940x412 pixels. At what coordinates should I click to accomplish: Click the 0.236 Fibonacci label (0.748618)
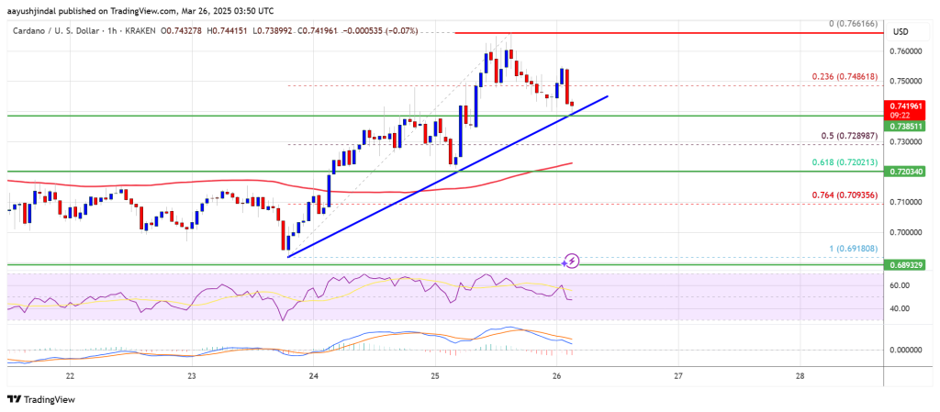[x=839, y=77]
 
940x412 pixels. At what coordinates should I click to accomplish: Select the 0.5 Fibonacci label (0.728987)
[x=844, y=136]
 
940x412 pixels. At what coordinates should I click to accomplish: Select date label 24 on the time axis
[x=313, y=376]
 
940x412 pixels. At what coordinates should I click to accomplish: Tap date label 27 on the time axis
[x=677, y=376]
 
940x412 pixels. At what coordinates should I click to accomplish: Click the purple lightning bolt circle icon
[x=572, y=261]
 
